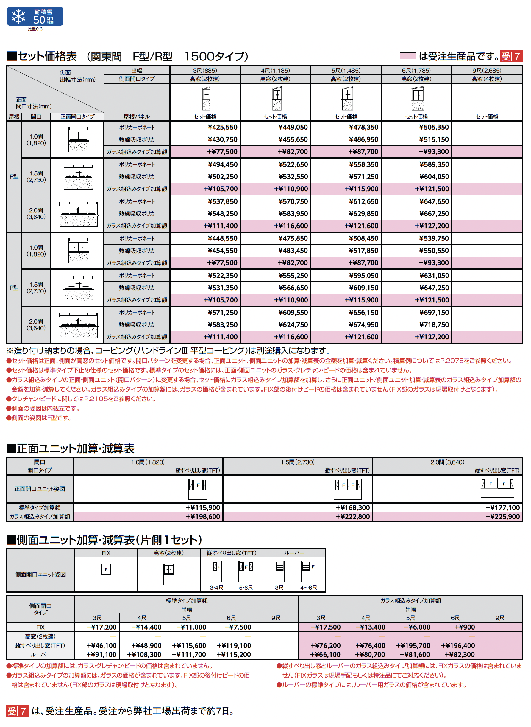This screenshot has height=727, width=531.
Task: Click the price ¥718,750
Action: (434, 324)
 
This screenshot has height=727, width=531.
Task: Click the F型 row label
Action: (14, 177)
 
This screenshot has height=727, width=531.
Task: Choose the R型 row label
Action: (14, 288)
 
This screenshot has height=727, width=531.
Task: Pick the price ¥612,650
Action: (363, 201)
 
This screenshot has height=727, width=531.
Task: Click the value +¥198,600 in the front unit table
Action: (203, 517)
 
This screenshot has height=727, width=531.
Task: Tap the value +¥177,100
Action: (502, 508)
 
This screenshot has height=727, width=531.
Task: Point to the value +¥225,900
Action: (502, 517)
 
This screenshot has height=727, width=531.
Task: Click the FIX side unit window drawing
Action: (106, 574)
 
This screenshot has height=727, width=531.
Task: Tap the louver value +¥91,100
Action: (101, 654)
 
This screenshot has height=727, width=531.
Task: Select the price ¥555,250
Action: (293, 275)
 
